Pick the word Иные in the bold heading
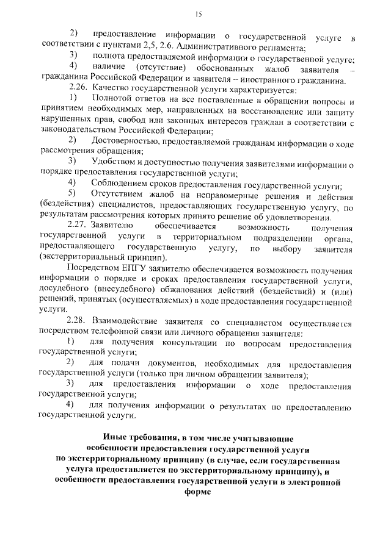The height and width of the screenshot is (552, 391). click(115, 439)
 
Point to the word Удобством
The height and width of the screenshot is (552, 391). click(114, 161)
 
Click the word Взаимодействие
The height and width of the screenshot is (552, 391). click(122, 320)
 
